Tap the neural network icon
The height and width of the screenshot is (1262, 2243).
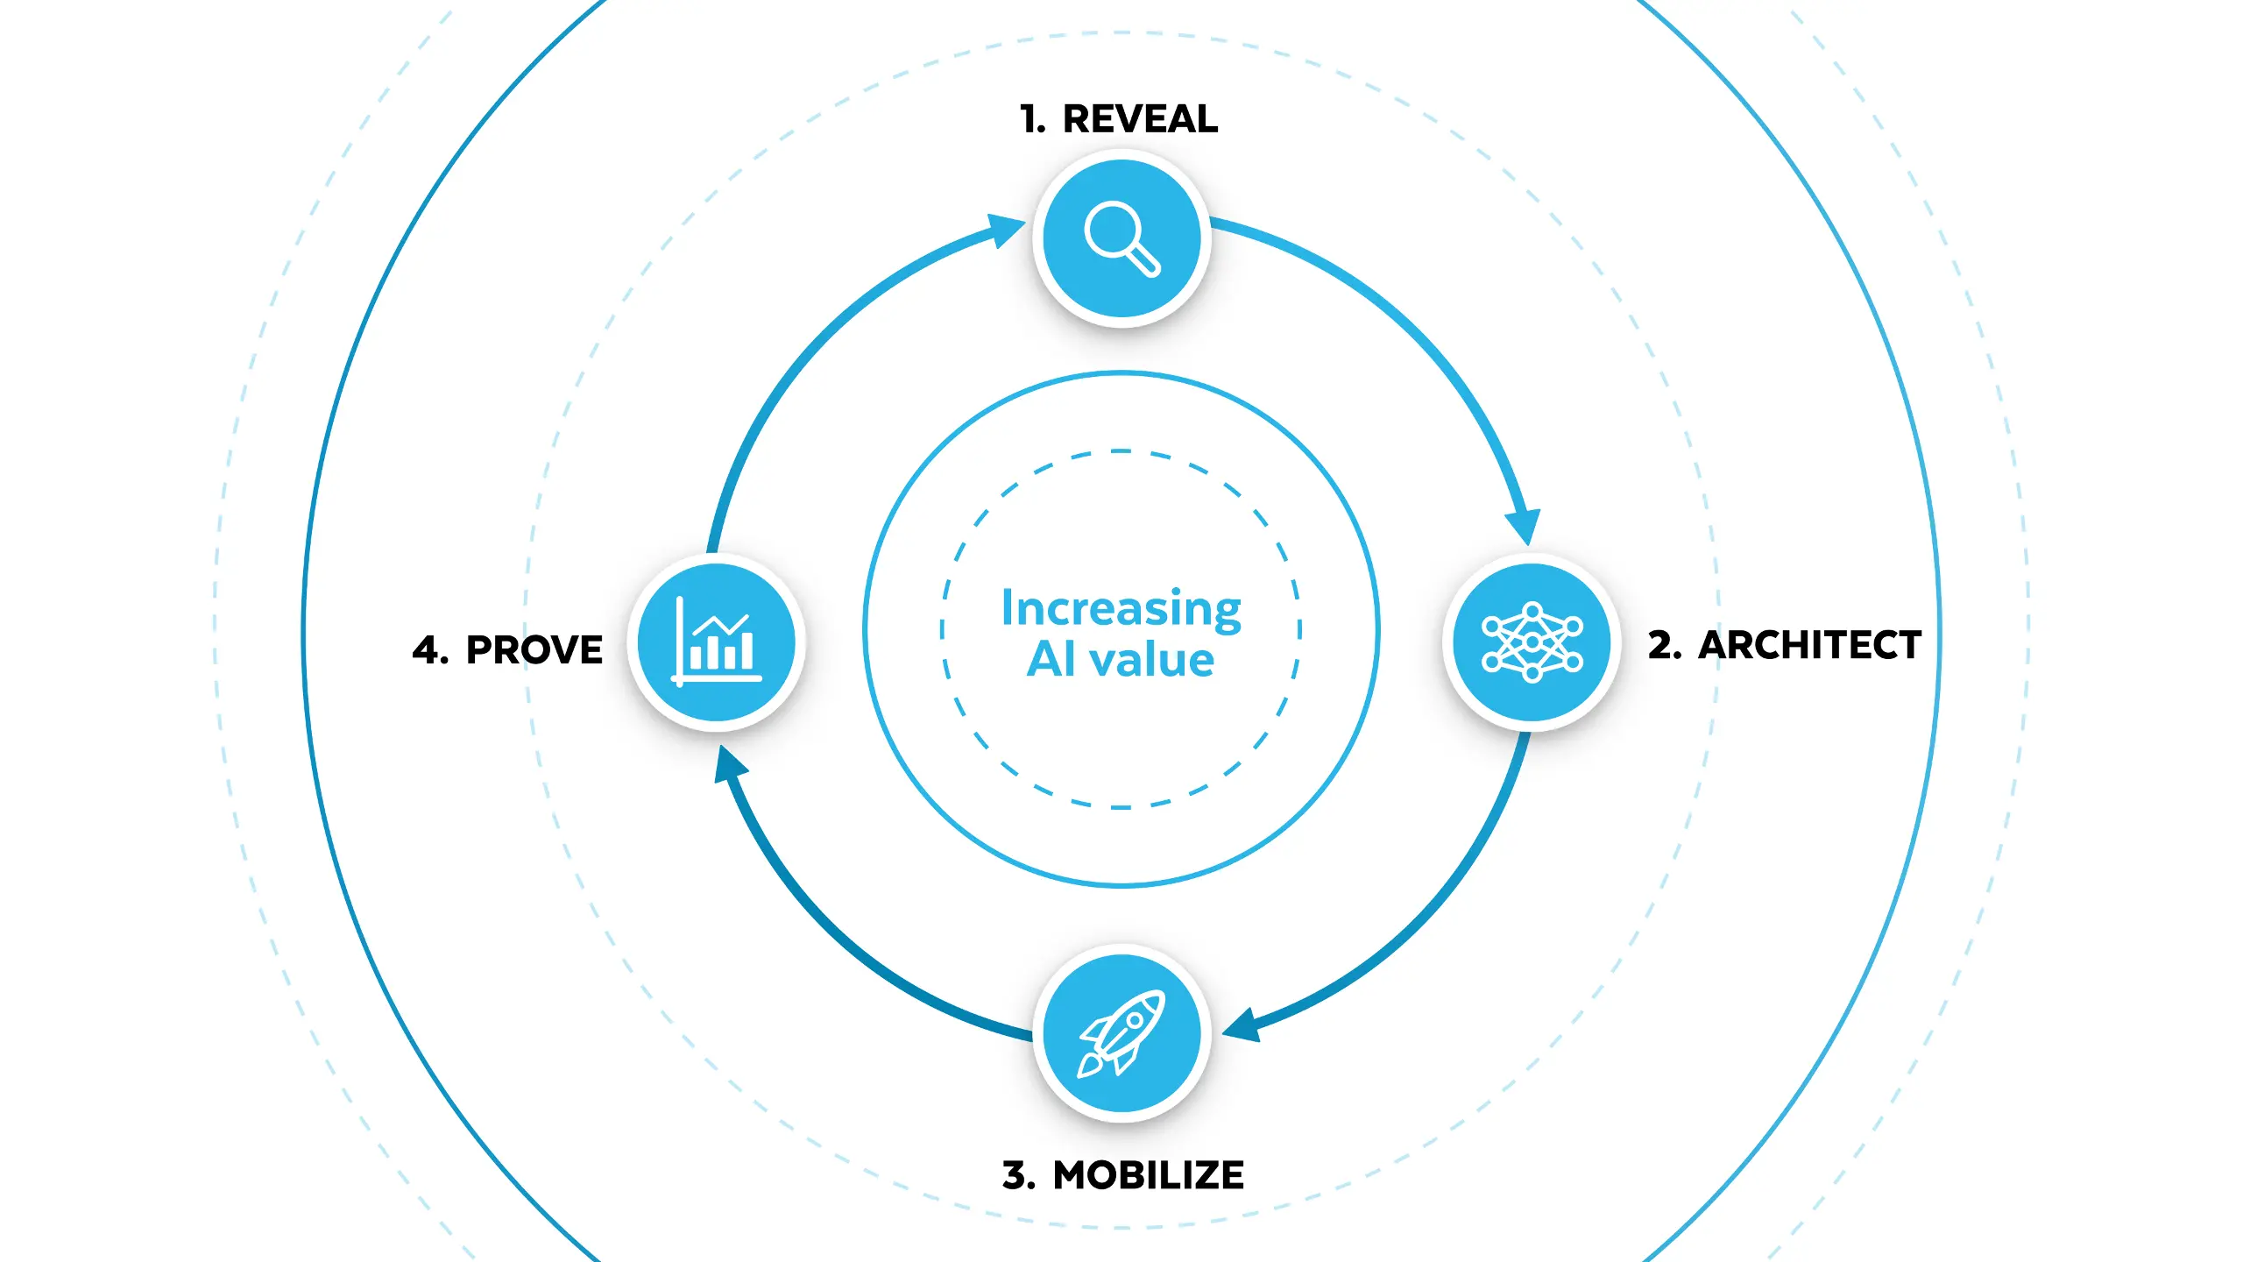(x=1532, y=642)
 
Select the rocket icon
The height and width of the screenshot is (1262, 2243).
(x=1121, y=1033)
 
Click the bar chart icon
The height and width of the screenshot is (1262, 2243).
(x=717, y=641)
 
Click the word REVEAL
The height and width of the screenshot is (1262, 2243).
(x=1140, y=119)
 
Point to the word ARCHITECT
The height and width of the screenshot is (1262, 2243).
(x=1810, y=645)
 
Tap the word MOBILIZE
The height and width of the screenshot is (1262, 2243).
(x=1149, y=1175)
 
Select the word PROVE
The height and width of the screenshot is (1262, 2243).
(x=534, y=650)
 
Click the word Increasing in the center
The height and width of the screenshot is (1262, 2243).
(x=1121, y=608)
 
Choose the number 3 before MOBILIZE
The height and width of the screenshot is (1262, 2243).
(x=1019, y=1175)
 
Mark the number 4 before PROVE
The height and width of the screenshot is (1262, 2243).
(x=430, y=650)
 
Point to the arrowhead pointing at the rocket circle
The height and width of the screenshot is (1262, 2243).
(x=1242, y=1024)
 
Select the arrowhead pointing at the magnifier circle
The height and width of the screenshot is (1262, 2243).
(x=1005, y=230)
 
